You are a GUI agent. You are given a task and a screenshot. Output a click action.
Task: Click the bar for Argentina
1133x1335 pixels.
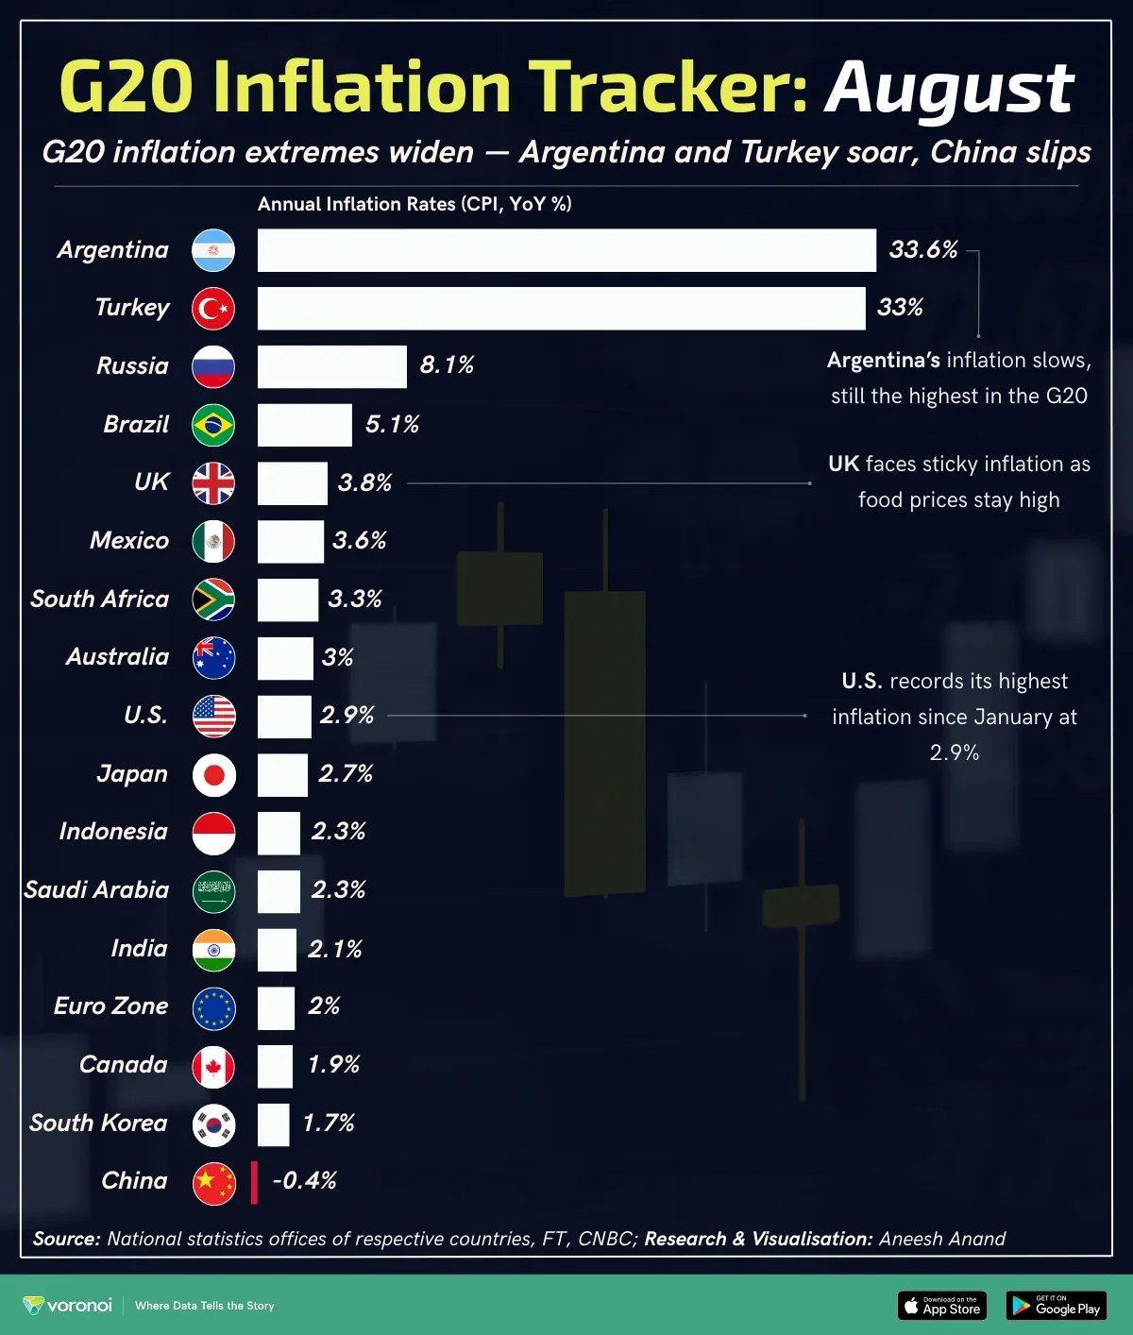point(566,250)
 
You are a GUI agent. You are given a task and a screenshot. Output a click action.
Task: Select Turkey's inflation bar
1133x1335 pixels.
point(561,308)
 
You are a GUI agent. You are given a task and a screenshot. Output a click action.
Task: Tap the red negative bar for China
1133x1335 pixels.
point(254,1182)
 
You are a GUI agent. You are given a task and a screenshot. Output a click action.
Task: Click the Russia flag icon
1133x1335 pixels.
point(213,366)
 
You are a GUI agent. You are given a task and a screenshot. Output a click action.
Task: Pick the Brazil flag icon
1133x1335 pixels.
point(213,425)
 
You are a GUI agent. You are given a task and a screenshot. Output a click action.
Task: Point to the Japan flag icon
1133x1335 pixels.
point(213,775)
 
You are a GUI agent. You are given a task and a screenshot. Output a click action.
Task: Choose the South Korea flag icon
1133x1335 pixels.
point(213,1124)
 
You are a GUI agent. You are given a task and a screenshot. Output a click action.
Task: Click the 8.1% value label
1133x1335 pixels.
point(447,365)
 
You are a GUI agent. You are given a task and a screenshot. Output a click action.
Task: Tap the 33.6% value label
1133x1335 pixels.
point(922,250)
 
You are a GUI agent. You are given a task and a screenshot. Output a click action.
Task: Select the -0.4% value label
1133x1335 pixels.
point(304,1181)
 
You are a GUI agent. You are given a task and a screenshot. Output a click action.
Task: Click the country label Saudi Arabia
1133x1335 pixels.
point(96,890)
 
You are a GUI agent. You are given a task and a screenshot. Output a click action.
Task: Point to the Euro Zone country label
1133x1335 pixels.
point(110,1006)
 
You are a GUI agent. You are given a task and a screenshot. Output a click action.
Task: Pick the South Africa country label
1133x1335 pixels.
point(99,600)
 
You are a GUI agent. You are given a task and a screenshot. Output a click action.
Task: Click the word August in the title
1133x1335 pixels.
point(949,88)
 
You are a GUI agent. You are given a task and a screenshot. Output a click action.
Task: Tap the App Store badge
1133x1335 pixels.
point(941,1306)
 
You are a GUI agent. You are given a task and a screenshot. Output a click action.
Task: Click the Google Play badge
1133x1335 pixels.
point(1056,1306)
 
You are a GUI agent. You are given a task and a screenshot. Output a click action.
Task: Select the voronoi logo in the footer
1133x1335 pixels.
point(67,1306)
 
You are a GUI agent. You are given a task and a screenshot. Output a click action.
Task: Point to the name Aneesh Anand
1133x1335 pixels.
point(941,1239)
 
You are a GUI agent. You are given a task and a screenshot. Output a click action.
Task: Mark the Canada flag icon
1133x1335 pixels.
point(213,1066)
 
